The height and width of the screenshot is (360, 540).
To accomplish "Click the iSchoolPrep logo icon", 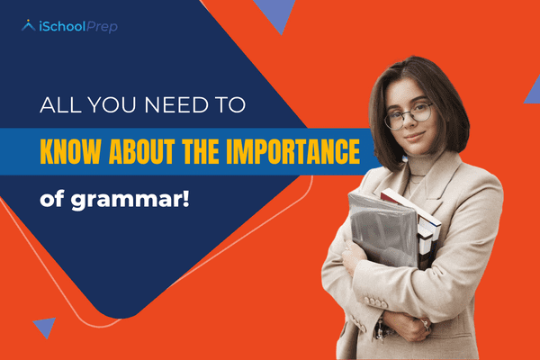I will click(x=30, y=26).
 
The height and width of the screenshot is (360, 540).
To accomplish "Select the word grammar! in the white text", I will click(x=133, y=194).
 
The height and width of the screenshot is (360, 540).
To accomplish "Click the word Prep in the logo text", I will click(x=102, y=27).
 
